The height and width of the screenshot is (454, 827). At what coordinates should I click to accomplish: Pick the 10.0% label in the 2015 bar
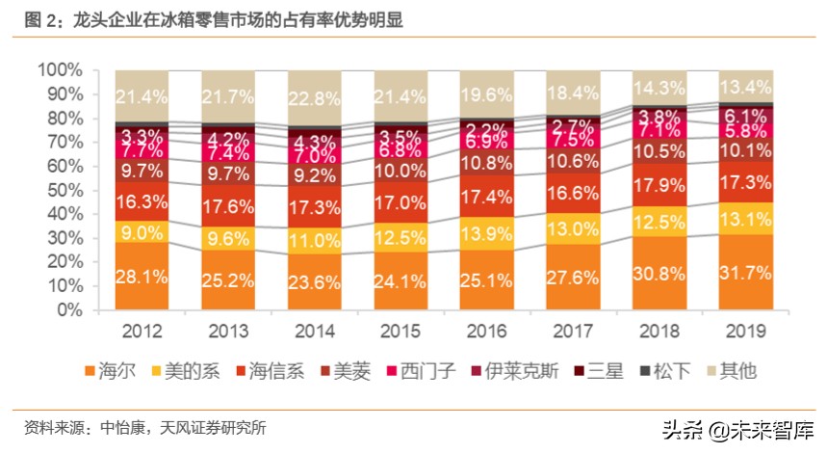(401, 171)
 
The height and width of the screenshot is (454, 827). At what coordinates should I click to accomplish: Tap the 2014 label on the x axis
(315, 331)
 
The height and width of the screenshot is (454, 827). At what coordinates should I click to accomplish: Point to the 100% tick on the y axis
(59, 70)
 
